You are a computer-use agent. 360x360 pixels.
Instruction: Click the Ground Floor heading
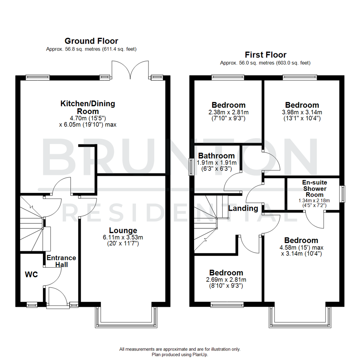click(91, 41)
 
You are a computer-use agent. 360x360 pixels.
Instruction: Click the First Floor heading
click(265, 55)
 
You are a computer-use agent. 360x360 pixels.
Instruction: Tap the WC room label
click(31, 275)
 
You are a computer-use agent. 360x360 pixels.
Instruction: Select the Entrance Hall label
click(61, 261)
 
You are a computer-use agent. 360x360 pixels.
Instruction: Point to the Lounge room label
click(123, 230)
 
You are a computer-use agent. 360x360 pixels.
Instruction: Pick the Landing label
click(243, 209)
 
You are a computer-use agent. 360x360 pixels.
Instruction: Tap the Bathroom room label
click(216, 156)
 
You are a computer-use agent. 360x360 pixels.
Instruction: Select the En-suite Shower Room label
click(314, 189)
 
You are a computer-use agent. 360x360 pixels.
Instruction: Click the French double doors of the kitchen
click(130, 70)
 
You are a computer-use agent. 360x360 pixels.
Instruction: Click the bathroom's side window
click(191, 166)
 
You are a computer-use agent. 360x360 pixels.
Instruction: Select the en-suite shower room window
click(342, 194)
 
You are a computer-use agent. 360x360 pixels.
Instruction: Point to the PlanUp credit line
click(180, 355)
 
